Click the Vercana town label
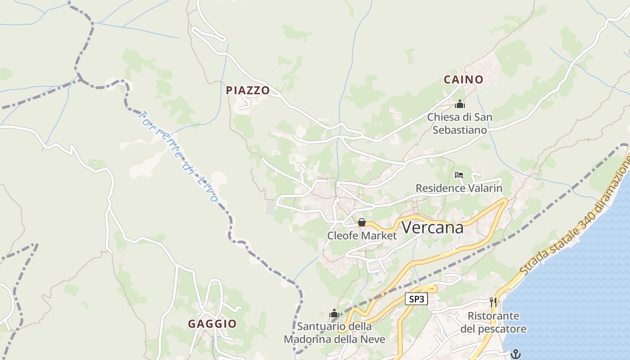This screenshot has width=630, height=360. click(432, 228)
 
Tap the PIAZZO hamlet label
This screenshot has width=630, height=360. click(247, 90)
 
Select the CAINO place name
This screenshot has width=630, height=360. click(463, 80)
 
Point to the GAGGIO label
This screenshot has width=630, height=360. click(212, 324)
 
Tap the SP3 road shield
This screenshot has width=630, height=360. click(416, 299)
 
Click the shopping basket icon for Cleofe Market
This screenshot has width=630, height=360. click(361, 222)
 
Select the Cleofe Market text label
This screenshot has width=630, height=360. click(362, 236)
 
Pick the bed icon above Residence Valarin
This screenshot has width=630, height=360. click(459, 175)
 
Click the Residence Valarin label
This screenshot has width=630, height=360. click(459, 188)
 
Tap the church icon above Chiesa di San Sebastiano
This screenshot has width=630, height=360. click(459, 104)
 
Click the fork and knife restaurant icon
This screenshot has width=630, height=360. click(494, 302)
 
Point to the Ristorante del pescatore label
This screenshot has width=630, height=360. click(493, 322)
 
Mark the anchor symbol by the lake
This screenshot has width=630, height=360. click(516, 354)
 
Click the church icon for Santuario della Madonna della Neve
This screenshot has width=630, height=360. click(334, 313)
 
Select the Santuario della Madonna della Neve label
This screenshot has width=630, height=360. click(334, 333)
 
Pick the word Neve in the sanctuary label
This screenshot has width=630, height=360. click(374, 339)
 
